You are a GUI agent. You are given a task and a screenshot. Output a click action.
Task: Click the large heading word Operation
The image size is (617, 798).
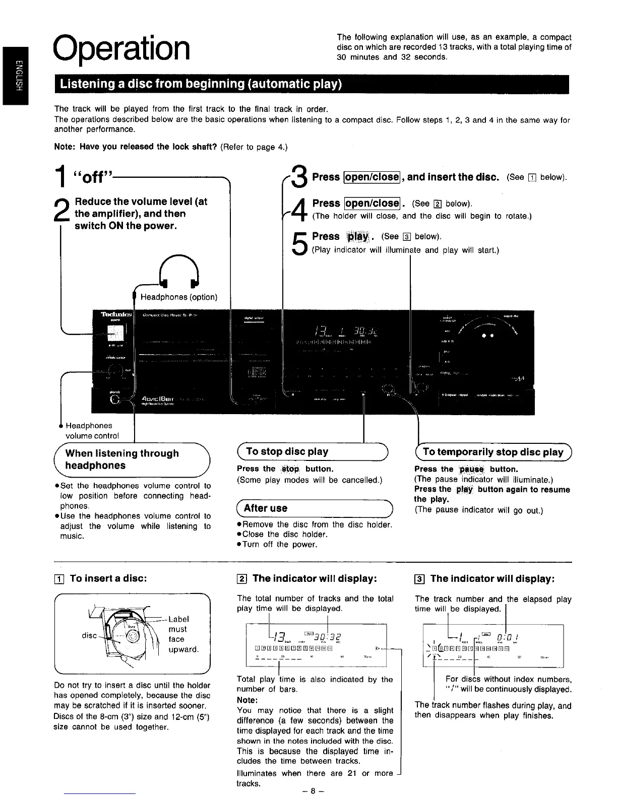(122, 47)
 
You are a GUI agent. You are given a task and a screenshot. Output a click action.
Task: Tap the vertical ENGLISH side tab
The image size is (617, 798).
(15, 76)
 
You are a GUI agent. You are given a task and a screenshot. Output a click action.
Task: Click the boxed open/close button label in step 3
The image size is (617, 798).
(372, 177)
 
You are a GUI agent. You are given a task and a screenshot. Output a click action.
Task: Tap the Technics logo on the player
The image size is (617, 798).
(116, 314)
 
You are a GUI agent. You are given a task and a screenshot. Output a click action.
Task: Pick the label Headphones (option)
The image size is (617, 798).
(179, 297)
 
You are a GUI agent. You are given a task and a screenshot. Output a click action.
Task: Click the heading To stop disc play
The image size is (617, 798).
(287, 451)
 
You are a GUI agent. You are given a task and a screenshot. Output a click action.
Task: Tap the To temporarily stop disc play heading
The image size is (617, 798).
(493, 452)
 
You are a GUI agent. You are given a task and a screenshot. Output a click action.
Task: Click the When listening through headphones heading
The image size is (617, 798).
(122, 459)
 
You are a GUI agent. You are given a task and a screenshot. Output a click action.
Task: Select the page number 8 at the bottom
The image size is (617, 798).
(313, 790)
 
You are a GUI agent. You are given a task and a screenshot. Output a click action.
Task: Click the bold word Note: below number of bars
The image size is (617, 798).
(247, 700)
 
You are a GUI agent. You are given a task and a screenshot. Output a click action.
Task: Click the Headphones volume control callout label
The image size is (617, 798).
(92, 431)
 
